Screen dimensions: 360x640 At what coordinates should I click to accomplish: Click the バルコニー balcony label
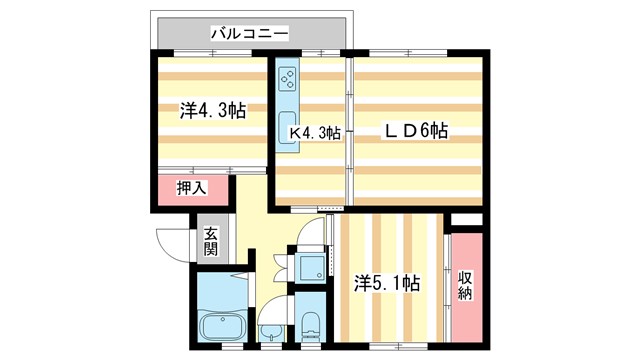[250, 34]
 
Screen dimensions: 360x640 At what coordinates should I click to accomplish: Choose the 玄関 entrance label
[211, 242]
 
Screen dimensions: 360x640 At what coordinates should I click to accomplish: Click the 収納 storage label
[465, 284]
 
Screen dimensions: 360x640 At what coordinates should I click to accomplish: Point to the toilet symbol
[310, 324]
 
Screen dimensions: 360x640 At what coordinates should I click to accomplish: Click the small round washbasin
[270, 332]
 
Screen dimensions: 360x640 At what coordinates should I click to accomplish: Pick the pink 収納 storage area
[465, 285]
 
